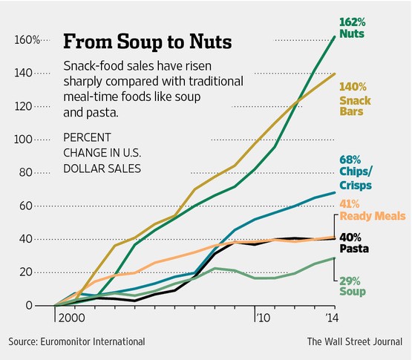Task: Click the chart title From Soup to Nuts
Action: coord(148,42)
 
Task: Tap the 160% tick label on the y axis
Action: coord(27,40)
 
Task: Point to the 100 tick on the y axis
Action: coord(23,140)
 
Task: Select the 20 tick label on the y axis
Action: coord(26,272)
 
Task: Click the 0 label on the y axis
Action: coord(29,305)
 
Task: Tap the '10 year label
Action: coord(264,318)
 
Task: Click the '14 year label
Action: coord(332,318)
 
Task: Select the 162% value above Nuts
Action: coord(352,22)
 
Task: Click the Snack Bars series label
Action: coord(355,106)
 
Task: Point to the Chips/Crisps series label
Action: coord(356,178)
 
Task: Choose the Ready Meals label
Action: coord(373,216)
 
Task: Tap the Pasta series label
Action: coord(354,249)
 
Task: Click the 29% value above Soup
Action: coord(350,281)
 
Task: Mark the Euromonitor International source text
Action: coord(93,341)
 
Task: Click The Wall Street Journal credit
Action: coord(355,341)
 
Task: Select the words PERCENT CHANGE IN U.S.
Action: coord(102,145)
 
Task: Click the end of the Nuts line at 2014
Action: coord(335,36)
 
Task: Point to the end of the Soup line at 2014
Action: coord(335,258)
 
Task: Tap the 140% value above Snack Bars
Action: coord(353,87)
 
